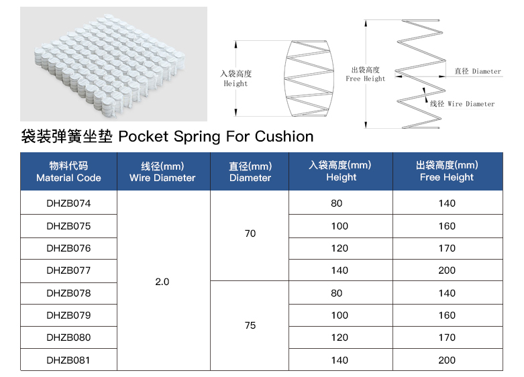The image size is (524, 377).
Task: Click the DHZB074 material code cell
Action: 68,203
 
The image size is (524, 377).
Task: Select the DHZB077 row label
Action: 68,270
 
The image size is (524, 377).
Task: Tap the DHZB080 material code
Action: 68,337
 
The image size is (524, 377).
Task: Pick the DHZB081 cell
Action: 68,360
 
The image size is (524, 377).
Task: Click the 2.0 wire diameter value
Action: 162,282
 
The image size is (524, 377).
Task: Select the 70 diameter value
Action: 250,233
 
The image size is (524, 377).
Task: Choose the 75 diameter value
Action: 250,325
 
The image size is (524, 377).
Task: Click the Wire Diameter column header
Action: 162,172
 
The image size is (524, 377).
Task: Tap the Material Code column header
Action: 68,172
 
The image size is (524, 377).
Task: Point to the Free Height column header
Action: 447,171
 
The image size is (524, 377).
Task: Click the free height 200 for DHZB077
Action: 447,270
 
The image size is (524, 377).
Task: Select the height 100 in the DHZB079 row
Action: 339,315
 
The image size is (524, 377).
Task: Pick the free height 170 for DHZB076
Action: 447,248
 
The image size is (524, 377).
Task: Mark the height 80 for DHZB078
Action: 337,293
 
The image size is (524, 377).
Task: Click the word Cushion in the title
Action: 284,136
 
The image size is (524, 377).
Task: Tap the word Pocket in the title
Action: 144,136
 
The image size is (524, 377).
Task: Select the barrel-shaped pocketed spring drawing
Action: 309,78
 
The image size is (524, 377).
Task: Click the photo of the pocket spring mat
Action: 113,64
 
